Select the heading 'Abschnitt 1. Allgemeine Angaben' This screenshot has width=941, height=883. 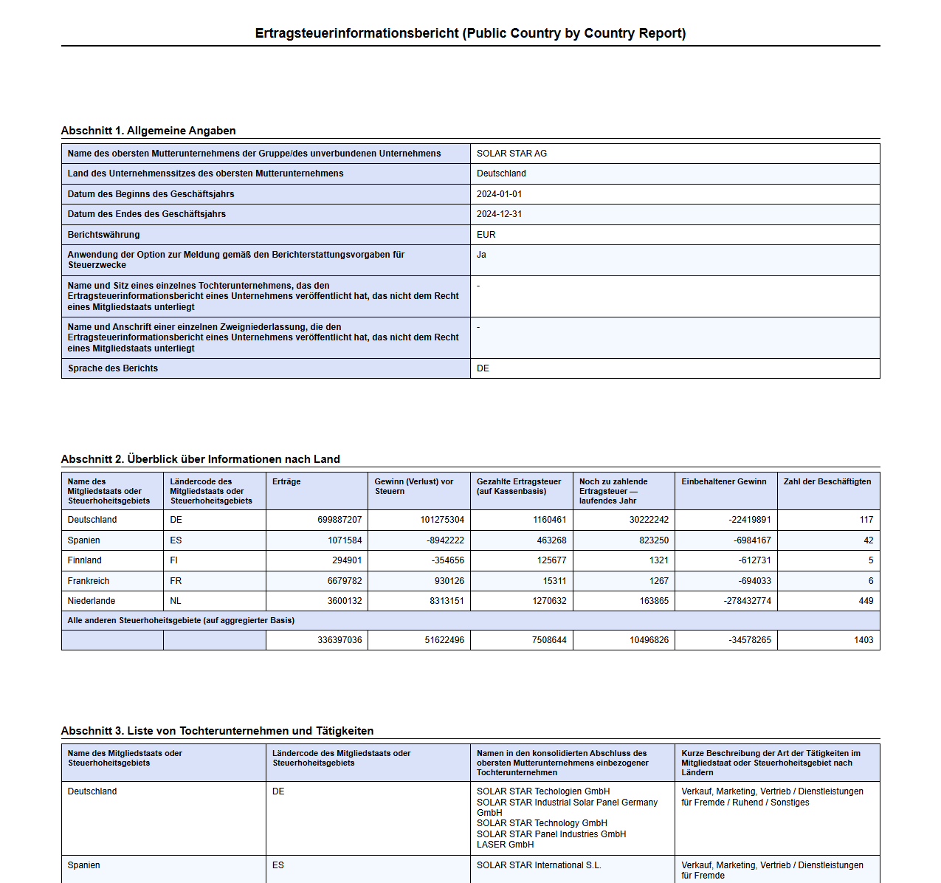coord(148,131)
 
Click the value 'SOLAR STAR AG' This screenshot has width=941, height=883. coord(511,154)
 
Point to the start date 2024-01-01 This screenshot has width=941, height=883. coord(499,194)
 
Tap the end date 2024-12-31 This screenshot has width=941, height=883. coord(499,214)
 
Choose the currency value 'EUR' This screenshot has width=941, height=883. coord(486,235)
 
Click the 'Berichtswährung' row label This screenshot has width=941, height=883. coord(103,235)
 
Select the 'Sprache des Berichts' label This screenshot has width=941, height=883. coord(113,368)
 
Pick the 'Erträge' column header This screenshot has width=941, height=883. coord(286,481)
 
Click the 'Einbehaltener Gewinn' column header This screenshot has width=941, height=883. coord(723,481)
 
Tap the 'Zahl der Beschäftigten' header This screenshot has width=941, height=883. coord(827,481)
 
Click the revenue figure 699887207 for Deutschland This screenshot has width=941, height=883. coord(339,520)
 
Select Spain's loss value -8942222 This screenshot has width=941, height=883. coord(445,540)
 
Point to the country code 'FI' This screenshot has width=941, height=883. coord(174,560)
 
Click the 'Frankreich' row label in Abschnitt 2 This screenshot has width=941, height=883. coord(88,581)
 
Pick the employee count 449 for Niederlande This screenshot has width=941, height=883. coord(866,601)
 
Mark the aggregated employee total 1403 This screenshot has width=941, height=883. coord(864,640)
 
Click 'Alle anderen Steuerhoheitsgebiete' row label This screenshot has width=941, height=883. coord(181,620)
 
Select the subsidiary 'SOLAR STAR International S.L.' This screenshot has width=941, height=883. coord(539,865)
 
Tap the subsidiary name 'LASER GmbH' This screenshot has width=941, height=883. coord(505,845)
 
